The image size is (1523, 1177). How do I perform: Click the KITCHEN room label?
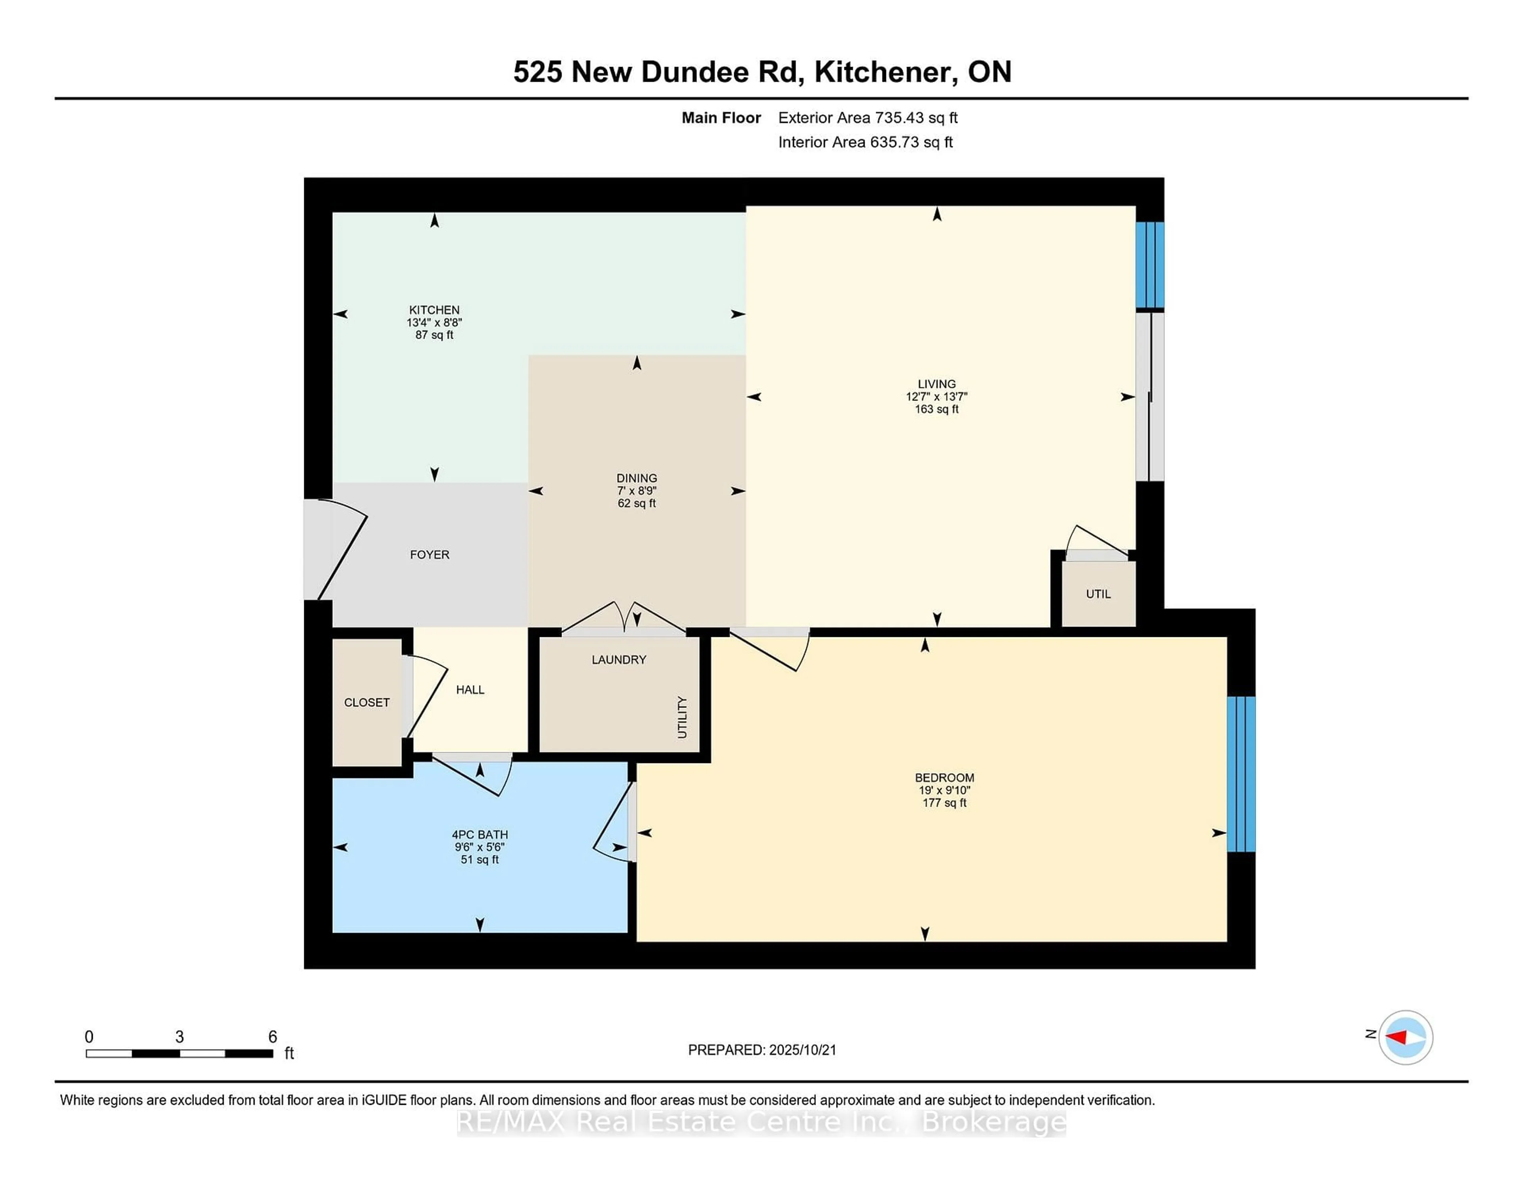(x=434, y=310)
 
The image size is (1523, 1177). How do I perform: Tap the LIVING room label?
(x=936, y=383)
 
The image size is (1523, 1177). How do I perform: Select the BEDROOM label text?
(x=944, y=777)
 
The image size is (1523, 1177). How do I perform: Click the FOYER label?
(x=430, y=554)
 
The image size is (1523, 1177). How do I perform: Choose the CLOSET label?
(x=367, y=702)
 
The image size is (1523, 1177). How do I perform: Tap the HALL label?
(x=470, y=690)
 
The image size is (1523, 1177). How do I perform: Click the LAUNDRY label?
(x=619, y=659)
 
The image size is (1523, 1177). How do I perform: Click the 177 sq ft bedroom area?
(x=944, y=803)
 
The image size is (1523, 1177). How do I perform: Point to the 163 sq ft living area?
(x=936, y=409)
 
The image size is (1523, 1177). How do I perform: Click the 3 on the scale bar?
(x=179, y=1037)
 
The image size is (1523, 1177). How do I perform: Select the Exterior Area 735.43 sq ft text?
(x=867, y=118)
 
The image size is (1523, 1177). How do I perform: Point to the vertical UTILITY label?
(x=682, y=717)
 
